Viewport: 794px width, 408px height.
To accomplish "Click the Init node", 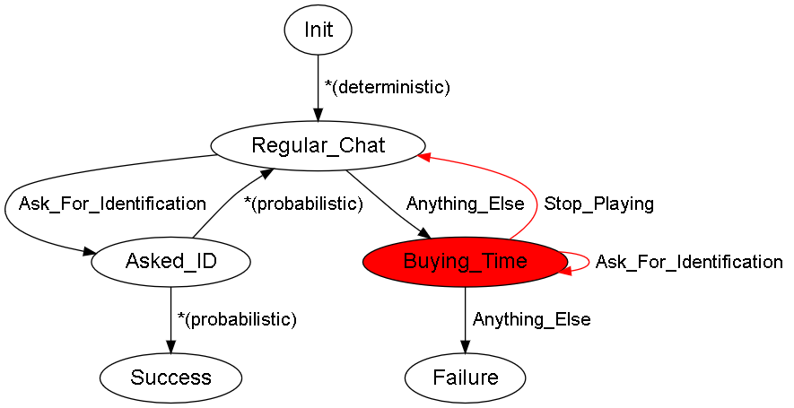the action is [318, 30].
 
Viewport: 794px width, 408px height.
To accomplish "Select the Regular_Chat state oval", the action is [318, 146].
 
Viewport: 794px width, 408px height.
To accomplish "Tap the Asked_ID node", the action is [170, 262].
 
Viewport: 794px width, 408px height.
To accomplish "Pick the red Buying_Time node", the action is [465, 262].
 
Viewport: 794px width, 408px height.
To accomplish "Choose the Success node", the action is [170, 378].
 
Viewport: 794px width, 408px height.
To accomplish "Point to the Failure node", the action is [465, 378].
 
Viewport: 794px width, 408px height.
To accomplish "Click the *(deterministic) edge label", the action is [388, 87].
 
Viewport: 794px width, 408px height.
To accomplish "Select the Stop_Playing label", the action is [598, 204].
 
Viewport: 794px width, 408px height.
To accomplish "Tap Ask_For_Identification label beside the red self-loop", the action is [689, 262].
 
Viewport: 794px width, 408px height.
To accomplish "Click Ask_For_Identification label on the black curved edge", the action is [112, 204].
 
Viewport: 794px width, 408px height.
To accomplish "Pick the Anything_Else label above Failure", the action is [531, 319].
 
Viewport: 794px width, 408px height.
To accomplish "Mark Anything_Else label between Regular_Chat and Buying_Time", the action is [465, 204].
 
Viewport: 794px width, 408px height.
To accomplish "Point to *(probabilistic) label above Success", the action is [237, 319].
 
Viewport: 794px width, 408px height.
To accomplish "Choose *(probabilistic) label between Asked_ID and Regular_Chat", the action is [303, 204].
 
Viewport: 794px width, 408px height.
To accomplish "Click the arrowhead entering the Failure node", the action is [465, 347].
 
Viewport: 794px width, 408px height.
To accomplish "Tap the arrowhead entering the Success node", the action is [170, 347].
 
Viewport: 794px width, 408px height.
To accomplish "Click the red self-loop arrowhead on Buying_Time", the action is [565, 271].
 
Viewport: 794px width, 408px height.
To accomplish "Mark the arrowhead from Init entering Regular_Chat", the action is [318, 116].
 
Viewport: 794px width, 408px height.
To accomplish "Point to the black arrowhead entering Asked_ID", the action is [90, 252].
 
